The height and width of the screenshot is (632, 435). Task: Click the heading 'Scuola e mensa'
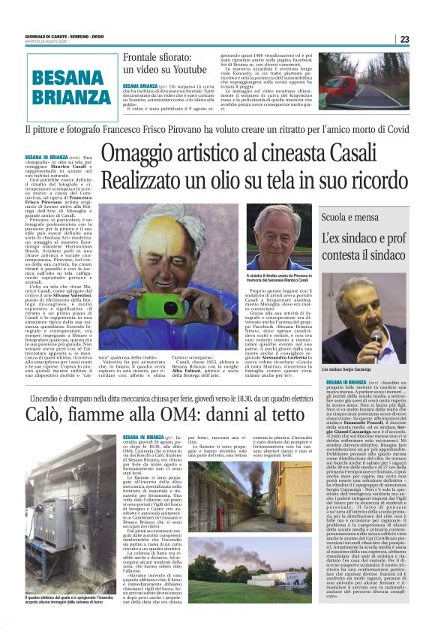coord(349,218)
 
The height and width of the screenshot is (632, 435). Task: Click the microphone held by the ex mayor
coord(374,336)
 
